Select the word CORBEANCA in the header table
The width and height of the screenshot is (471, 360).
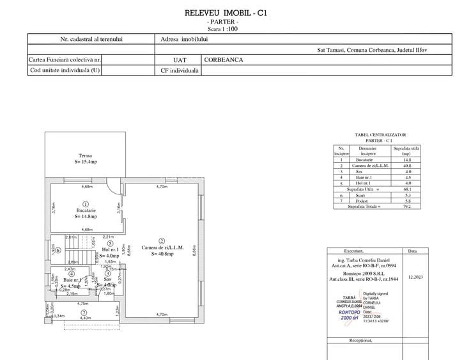coord(224,59)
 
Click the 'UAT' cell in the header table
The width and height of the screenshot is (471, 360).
coord(178,59)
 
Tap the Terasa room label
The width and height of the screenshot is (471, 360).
coord(86,155)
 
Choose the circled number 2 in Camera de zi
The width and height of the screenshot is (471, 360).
coord(162,240)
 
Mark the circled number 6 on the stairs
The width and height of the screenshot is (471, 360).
coord(58,250)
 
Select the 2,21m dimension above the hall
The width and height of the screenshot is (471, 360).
coord(109,237)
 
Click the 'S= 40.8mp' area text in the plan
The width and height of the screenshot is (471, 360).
coord(167,254)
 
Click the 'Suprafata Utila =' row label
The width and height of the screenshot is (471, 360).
coord(362,189)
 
